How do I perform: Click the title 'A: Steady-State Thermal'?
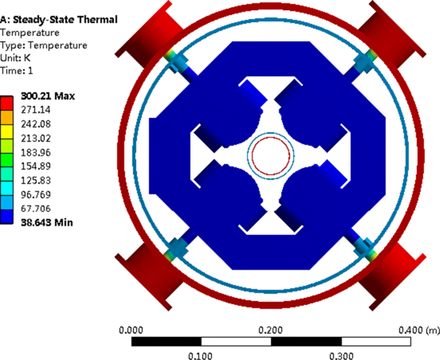tap(58, 20)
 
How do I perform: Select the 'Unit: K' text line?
tap(15, 58)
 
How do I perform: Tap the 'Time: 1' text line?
tap(17, 71)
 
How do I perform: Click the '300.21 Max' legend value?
tap(48, 96)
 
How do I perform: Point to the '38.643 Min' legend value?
tap(47, 223)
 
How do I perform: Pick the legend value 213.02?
tap(36, 138)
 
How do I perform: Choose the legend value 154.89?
tap(36, 166)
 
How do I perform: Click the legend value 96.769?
tap(36, 194)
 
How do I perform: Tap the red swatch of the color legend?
tap(6, 103)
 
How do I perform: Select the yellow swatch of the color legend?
tap(6, 132)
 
